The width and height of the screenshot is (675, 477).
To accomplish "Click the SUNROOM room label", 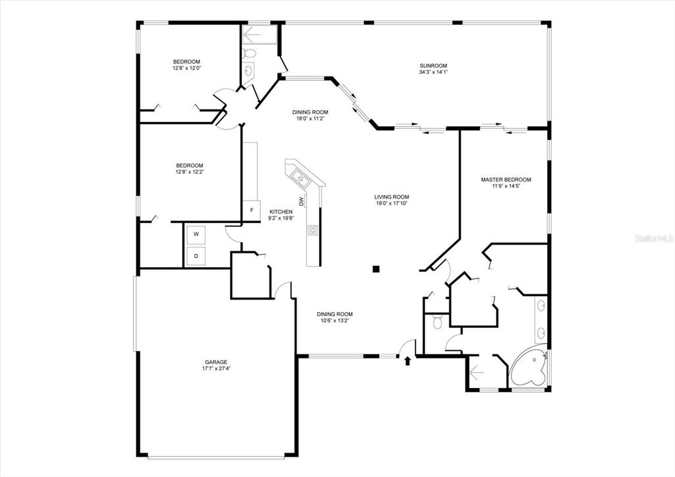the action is pos(434,66).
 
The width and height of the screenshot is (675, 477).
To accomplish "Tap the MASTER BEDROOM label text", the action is pos(506,179).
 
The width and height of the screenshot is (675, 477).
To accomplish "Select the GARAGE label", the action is pos(216,362).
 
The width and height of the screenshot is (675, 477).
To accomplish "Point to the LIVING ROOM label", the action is pos(392,197).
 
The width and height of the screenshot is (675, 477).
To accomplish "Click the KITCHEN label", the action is pos(281,212).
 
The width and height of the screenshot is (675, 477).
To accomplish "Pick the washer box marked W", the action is pos(196,234).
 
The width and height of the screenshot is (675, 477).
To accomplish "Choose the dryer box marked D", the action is pos(196,256).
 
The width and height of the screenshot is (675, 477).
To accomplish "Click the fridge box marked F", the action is pos(252,210).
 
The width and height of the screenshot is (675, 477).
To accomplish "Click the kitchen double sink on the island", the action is pos(301,178).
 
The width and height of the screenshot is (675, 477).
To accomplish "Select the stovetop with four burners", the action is pos(313,230).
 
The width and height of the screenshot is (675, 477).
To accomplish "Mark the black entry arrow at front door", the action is pos(407,361).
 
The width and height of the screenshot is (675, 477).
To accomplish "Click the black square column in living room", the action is pos(376,269).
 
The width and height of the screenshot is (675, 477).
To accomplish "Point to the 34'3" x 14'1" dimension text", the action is pos(434,72).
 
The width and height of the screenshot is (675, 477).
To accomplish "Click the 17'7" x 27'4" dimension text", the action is pos(216,368).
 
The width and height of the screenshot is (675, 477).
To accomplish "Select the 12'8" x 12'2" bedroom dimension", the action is pos(189,172).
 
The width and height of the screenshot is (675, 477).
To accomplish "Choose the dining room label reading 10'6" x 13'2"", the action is pos(334,320).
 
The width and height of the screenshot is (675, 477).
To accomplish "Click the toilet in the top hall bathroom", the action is pos(249,53).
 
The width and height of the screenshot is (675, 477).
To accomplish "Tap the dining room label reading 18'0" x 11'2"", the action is pos(310,118).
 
